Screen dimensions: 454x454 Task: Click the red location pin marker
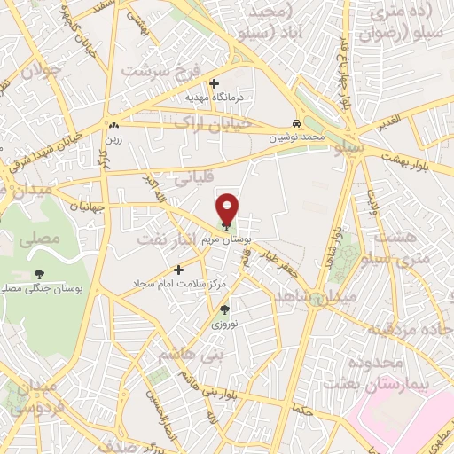(229, 208)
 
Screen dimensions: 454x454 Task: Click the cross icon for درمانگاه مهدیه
(214, 83)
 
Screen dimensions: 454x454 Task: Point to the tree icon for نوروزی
(224, 309)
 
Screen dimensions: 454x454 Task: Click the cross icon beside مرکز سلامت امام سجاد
(178, 269)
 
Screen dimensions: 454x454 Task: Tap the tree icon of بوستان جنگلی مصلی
(38, 274)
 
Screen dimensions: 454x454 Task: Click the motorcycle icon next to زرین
(113, 125)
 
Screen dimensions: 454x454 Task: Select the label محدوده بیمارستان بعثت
(387, 372)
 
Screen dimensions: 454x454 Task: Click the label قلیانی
(195, 178)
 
